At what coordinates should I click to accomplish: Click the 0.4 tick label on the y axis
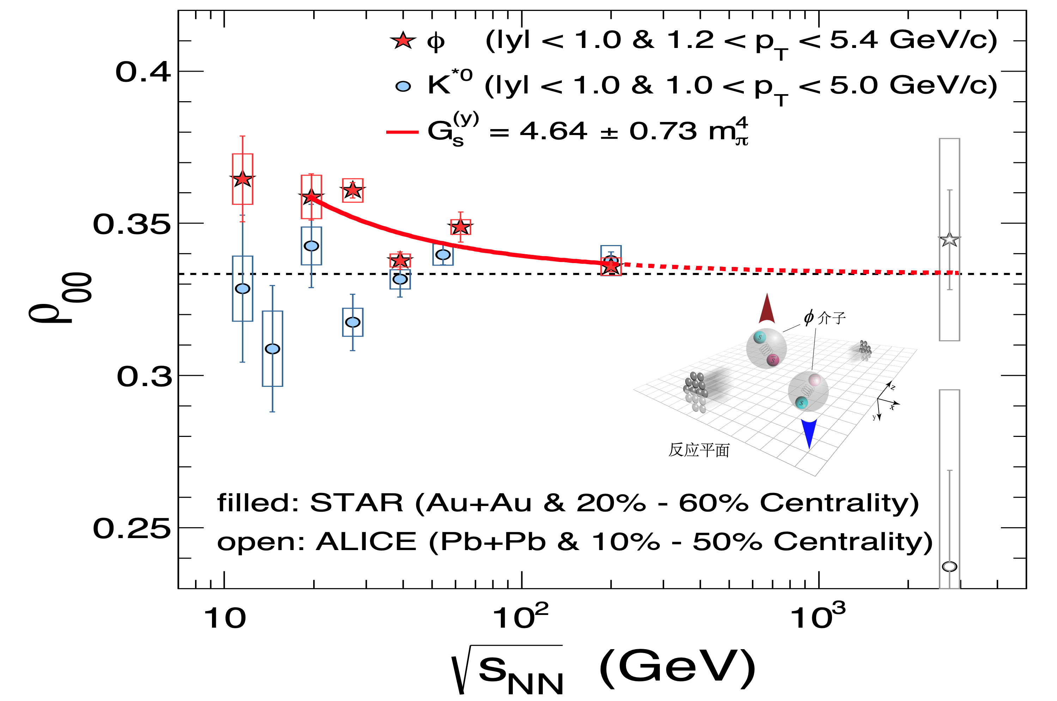pos(143,72)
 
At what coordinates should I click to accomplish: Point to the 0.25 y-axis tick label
pos(132,529)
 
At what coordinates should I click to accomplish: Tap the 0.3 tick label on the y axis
pos(144,377)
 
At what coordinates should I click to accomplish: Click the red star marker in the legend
pos(403,41)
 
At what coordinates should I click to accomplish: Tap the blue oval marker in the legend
pos(403,86)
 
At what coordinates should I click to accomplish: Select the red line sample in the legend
pos(402,132)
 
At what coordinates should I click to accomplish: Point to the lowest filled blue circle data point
pos(272,349)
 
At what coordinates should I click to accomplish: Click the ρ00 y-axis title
pos(60,297)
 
